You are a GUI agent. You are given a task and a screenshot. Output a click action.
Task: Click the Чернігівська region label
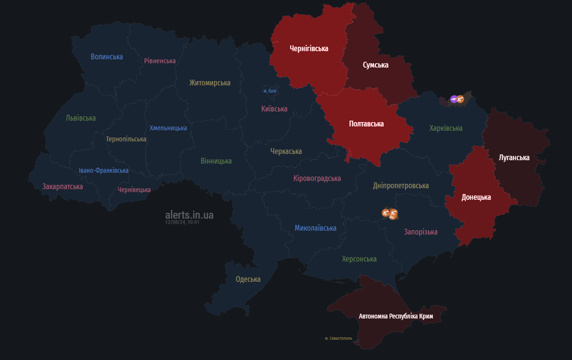[x=309, y=49]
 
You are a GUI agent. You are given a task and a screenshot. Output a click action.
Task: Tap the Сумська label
[x=376, y=65]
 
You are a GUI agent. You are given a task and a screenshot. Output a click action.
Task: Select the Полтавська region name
[x=366, y=124]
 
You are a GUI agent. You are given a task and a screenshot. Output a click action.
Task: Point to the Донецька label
[x=476, y=197]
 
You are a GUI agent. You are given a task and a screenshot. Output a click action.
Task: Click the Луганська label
[x=514, y=158]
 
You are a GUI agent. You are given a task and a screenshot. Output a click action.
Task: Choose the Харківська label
[x=446, y=128]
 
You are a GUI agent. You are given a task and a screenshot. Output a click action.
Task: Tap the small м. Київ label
[x=270, y=91]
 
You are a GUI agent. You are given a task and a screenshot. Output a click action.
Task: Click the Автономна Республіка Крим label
[x=396, y=317]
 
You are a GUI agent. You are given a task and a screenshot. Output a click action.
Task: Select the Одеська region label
[x=248, y=279]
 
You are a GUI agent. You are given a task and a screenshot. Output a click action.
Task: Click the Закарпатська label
[x=63, y=186]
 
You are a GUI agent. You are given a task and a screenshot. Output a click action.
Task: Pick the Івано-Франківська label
[x=104, y=170]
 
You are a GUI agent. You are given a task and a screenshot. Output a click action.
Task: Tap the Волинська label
[x=107, y=57]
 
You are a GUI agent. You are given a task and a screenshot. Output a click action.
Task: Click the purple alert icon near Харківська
[x=454, y=99]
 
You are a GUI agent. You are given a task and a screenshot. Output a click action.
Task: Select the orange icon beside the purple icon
[x=460, y=99]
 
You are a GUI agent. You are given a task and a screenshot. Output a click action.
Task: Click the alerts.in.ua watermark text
[x=189, y=215]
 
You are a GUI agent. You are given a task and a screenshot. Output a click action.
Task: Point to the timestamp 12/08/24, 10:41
[x=182, y=222]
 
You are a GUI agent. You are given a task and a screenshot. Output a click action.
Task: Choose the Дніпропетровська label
[x=401, y=186]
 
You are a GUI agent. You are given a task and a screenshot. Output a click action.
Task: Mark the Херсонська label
[x=359, y=259]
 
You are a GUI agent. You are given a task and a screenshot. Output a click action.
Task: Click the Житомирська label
[x=210, y=83]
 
